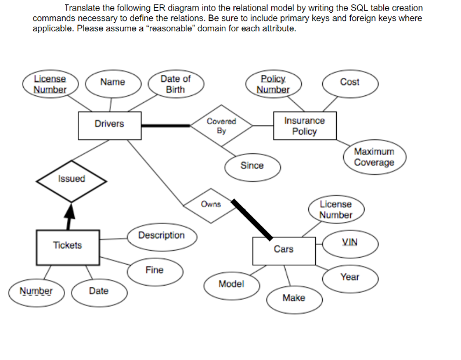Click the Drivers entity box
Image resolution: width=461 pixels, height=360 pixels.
(110, 124)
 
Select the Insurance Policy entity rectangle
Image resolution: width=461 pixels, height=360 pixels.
(304, 126)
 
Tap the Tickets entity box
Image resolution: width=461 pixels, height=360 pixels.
(67, 245)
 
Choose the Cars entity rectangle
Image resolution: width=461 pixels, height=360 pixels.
(283, 249)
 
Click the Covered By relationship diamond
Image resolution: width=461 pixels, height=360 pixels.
(221, 125)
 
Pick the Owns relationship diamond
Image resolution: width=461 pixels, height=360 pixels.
(210, 204)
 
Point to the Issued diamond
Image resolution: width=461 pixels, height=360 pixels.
(71, 179)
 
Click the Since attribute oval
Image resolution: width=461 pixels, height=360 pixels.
(251, 165)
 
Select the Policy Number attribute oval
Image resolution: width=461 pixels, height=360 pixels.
(273, 84)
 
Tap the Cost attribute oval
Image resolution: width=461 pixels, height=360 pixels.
(350, 82)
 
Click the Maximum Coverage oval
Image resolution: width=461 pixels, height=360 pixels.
(374, 157)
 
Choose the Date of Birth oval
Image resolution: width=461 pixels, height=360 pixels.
(175, 84)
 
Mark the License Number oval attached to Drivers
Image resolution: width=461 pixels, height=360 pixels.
(49, 84)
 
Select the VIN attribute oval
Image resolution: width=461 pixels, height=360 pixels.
(350, 242)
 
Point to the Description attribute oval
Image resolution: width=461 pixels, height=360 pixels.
(161, 235)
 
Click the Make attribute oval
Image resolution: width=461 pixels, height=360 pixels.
(293, 298)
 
